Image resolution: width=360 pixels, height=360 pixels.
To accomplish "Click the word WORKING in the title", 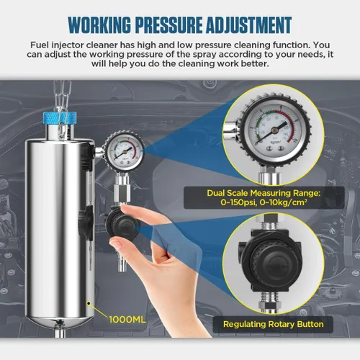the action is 99,25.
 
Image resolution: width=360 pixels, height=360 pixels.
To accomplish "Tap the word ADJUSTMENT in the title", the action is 248,25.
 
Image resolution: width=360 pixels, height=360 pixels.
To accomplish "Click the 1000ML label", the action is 127,320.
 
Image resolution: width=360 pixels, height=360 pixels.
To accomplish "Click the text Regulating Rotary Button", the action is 273,324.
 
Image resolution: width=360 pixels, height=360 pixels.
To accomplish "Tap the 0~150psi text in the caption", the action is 238,202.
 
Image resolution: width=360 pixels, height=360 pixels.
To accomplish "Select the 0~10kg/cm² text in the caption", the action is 284,202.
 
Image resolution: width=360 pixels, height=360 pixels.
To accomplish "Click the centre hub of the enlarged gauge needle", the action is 274,130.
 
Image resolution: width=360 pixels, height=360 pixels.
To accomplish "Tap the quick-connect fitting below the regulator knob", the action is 120,261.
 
